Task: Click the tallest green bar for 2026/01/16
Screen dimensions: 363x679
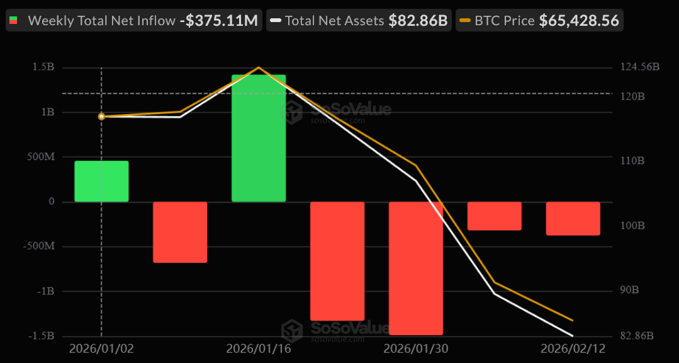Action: point(259,138)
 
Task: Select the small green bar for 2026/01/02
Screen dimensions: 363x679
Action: point(101,181)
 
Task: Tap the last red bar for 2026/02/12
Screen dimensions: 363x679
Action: point(573,218)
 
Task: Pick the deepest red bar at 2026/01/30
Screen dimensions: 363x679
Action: point(416,268)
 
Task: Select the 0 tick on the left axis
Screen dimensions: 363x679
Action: point(51,202)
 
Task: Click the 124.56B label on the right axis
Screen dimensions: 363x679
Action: point(639,67)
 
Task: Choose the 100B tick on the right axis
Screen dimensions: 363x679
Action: point(632,226)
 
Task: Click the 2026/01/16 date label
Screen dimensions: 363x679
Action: point(258,349)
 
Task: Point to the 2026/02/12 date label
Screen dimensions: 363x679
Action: point(573,349)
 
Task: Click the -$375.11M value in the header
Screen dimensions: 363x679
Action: point(218,21)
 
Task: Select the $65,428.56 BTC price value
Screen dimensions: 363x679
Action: point(579,21)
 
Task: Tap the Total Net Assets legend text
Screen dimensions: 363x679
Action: point(334,21)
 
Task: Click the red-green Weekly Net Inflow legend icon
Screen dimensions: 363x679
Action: point(13,21)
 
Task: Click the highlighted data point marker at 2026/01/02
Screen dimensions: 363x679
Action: point(101,117)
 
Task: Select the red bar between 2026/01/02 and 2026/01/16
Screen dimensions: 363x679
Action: point(180,232)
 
